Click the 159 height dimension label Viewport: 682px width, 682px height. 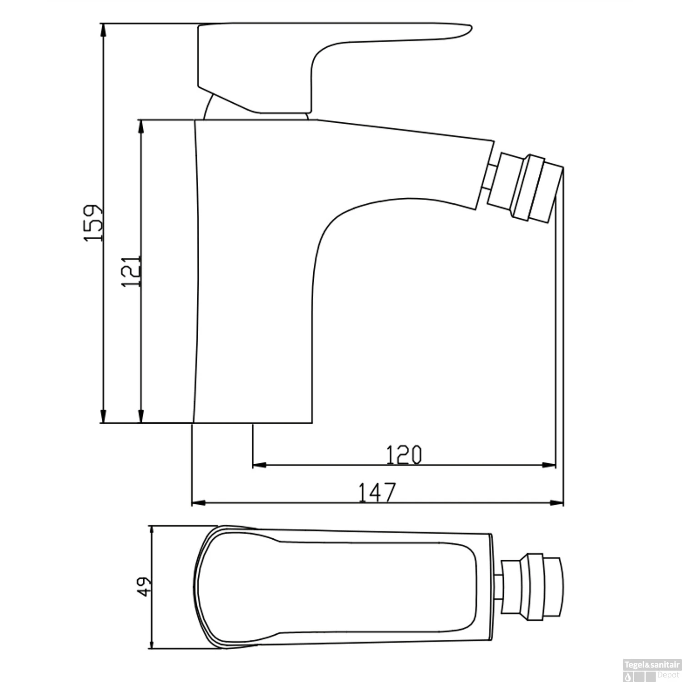click(x=94, y=223)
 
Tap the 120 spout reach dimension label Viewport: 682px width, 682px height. click(x=404, y=455)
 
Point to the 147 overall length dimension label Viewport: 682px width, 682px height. click(x=377, y=492)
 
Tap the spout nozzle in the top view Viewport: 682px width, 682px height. click(x=532, y=587)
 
